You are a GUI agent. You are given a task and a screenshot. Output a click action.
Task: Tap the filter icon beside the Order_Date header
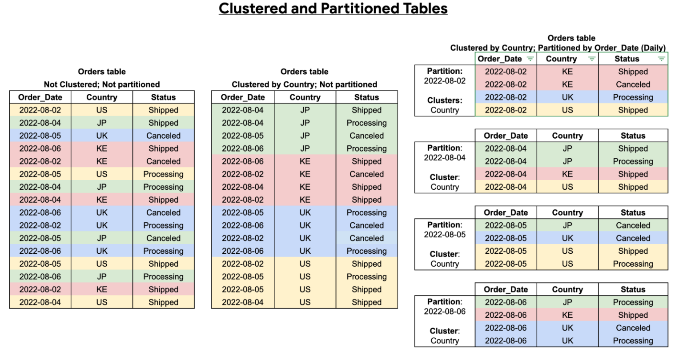[530, 59]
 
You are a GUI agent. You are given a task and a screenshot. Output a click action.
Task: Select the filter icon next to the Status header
[662, 59]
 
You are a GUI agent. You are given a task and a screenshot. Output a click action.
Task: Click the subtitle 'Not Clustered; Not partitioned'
[102, 84]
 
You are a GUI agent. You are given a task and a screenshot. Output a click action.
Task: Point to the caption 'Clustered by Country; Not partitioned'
[304, 84]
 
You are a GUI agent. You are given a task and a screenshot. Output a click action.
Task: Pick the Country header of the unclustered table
[102, 97]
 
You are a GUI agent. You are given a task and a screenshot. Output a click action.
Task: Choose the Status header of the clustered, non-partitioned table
[366, 97]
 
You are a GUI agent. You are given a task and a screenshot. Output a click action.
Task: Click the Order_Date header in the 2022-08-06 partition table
[506, 289]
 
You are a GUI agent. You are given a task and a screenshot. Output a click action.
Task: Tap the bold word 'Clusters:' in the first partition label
[445, 100]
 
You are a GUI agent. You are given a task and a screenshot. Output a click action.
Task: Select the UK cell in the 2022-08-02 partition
[567, 97]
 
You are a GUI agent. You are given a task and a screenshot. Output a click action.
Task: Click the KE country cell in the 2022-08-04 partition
[567, 174]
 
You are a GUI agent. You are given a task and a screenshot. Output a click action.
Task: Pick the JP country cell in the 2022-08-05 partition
[567, 225]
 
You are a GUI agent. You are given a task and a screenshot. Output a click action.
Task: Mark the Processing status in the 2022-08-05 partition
[633, 264]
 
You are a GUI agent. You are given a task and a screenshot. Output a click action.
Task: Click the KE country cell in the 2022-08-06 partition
[567, 315]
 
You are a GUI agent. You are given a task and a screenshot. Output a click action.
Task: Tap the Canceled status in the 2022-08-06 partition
[633, 328]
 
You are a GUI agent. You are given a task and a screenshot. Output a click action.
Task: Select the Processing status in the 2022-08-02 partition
[633, 97]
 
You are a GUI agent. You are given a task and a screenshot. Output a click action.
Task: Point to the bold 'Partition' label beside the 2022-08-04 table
[444, 148]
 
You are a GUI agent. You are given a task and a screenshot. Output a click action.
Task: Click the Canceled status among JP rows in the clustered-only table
[366, 136]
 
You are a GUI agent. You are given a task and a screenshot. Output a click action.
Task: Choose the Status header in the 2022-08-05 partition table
[633, 212]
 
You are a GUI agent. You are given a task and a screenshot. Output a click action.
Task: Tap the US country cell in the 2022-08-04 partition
[567, 187]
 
